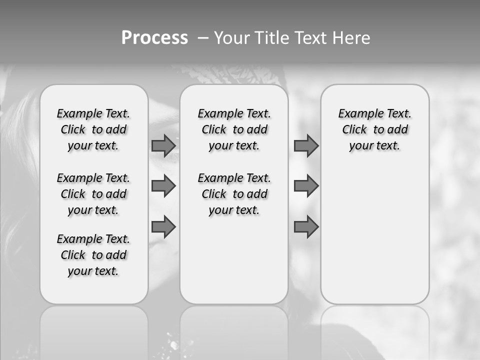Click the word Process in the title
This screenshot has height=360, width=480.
pyautogui.click(x=154, y=37)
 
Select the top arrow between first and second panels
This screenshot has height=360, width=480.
pyautogui.click(x=163, y=145)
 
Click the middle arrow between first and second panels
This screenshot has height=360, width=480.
pyautogui.click(x=163, y=186)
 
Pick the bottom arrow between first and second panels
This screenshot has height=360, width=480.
pyautogui.click(x=163, y=226)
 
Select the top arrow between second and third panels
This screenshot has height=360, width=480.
pyautogui.click(x=306, y=145)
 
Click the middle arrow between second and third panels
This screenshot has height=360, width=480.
pyautogui.click(x=306, y=186)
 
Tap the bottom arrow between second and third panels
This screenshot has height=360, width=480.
pyautogui.click(x=306, y=226)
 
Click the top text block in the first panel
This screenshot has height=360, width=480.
pyautogui.click(x=93, y=129)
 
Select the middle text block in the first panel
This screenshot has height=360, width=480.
pyautogui.click(x=93, y=194)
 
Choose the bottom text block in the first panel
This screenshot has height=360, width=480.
pyautogui.click(x=93, y=255)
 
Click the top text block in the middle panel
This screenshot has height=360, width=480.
pyautogui.click(x=234, y=129)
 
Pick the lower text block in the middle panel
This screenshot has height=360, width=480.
pyautogui.click(x=234, y=194)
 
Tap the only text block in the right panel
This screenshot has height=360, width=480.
pyautogui.click(x=375, y=129)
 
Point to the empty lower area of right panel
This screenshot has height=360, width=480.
pyautogui.click(x=375, y=235)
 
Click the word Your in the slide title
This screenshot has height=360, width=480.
pyautogui.click(x=231, y=38)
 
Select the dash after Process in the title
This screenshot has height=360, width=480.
pyautogui.click(x=203, y=38)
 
